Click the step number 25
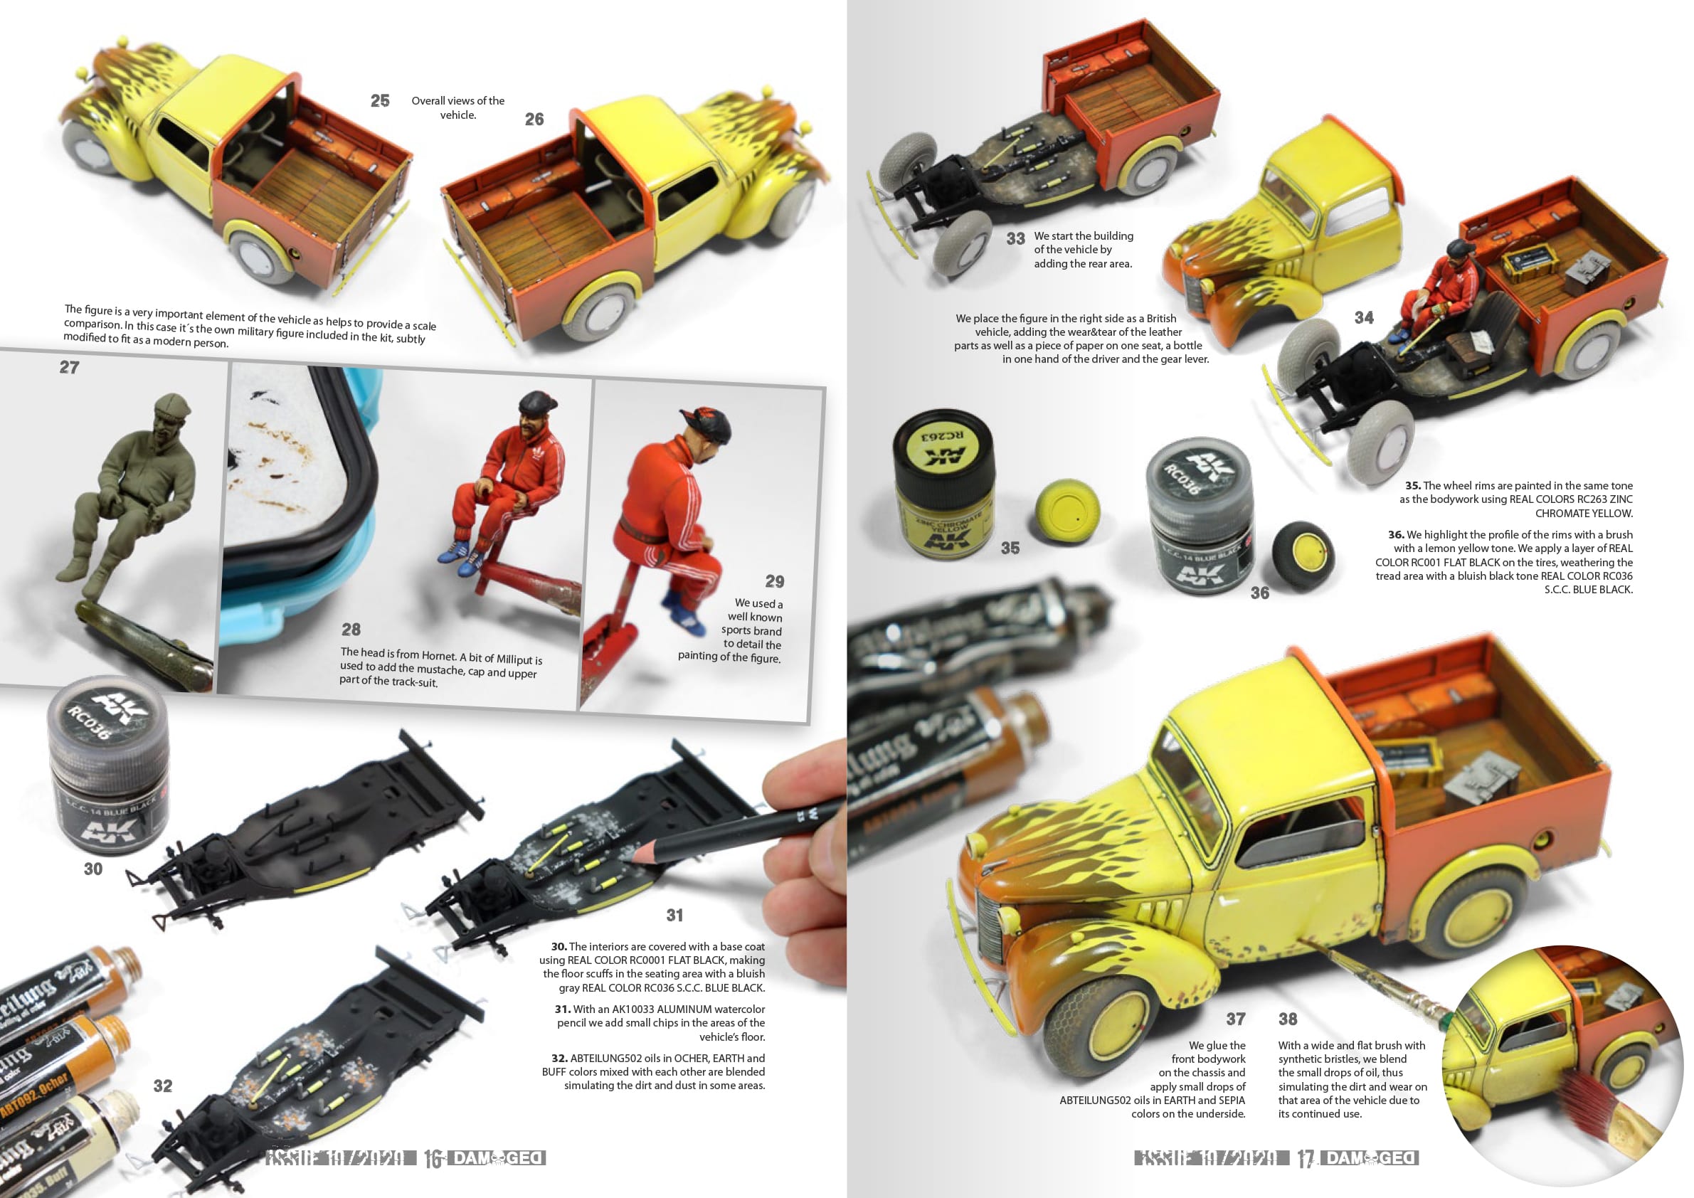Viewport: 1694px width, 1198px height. click(380, 101)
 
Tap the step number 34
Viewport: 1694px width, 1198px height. click(1363, 318)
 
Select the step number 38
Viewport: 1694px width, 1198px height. click(1288, 1019)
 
